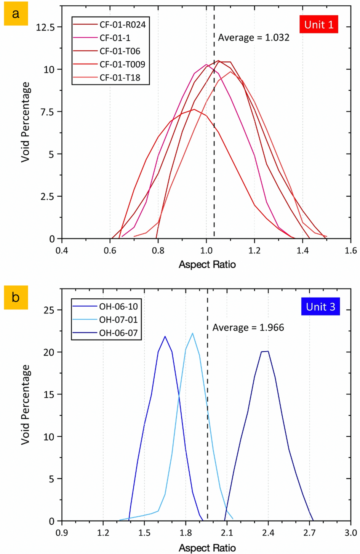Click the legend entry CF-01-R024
pyautogui.click(x=122, y=25)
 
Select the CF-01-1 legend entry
pyautogui.click(x=115, y=38)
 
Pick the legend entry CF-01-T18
pyautogui.click(x=120, y=77)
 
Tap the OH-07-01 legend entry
pyautogui.click(x=118, y=320)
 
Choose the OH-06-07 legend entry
pyautogui.click(x=118, y=333)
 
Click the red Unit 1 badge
pyautogui.click(x=319, y=25)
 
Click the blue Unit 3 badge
pyautogui.click(x=320, y=307)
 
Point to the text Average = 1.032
pyautogui.click(x=253, y=37)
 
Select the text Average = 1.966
pyautogui.click(x=248, y=327)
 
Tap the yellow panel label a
pyautogui.click(x=16, y=14)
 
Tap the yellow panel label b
pyautogui.click(x=16, y=297)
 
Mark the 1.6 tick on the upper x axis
pyautogui.click(x=350, y=251)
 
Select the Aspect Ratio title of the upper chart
pyautogui.click(x=207, y=264)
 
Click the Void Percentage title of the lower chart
pyautogui.click(x=26, y=405)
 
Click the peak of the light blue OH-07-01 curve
pyautogui.click(x=192, y=333)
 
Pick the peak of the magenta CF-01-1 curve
pyautogui.click(x=206, y=64)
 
